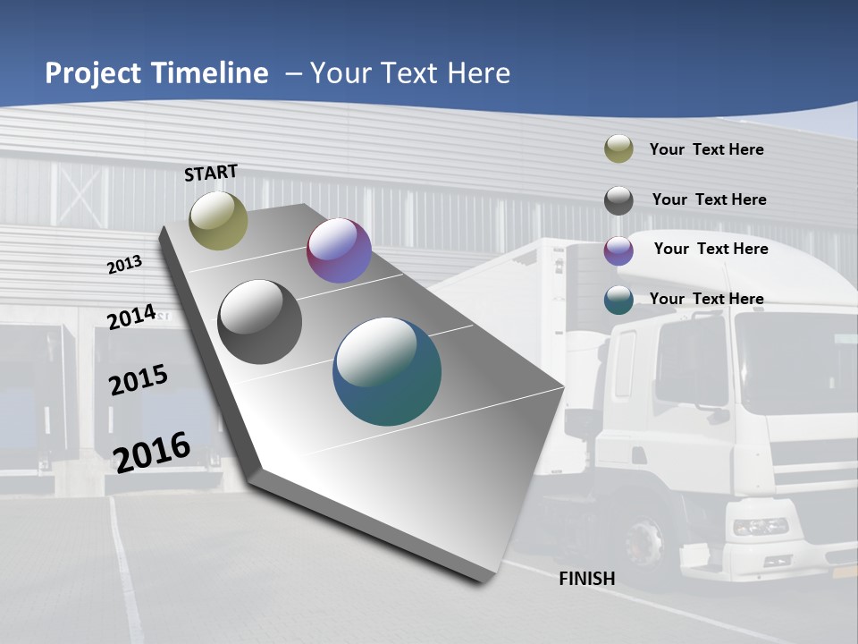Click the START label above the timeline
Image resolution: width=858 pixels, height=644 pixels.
tap(211, 173)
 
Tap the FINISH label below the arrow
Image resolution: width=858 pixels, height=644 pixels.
tap(586, 579)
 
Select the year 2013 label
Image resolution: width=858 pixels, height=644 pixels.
tap(124, 264)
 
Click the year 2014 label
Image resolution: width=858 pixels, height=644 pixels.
tap(131, 317)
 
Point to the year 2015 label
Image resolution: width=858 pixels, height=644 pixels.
tap(139, 379)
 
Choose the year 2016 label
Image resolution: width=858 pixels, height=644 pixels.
tap(152, 452)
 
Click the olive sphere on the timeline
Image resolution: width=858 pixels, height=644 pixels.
tap(218, 220)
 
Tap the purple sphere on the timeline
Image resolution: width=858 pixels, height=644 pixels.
tap(339, 250)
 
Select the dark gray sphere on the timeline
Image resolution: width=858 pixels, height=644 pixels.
tap(260, 322)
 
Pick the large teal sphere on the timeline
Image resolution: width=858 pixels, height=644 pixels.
tap(387, 371)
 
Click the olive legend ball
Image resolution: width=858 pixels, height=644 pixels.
tap(618, 149)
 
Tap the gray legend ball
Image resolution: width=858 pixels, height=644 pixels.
tap(618, 199)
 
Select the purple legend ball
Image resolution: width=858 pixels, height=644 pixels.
tap(618, 250)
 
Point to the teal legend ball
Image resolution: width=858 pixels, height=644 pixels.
tap(618, 299)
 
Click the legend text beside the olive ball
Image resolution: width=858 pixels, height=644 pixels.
tap(706, 149)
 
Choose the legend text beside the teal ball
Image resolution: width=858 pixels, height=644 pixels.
tap(706, 299)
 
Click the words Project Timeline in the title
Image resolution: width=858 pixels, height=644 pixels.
tap(156, 73)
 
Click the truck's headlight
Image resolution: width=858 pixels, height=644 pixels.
tap(761, 526)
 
